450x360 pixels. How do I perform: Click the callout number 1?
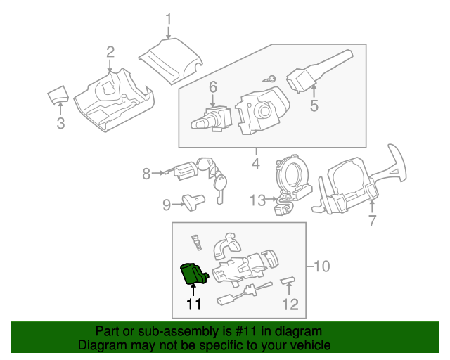[169, 18]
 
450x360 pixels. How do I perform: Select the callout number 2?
[110, 51]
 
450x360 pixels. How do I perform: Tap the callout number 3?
[60, 124]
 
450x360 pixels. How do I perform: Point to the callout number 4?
[256, 164]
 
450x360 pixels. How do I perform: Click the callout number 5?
[314, 106]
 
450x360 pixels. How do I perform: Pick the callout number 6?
[212, 87]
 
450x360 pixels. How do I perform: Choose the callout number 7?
[373, 221]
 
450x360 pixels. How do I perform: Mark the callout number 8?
[146, 173]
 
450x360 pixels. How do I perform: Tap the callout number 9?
[167, 205]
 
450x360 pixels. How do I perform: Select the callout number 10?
[321, 266]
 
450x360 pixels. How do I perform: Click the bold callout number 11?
[193, 304]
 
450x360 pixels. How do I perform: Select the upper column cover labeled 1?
[170, 60]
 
